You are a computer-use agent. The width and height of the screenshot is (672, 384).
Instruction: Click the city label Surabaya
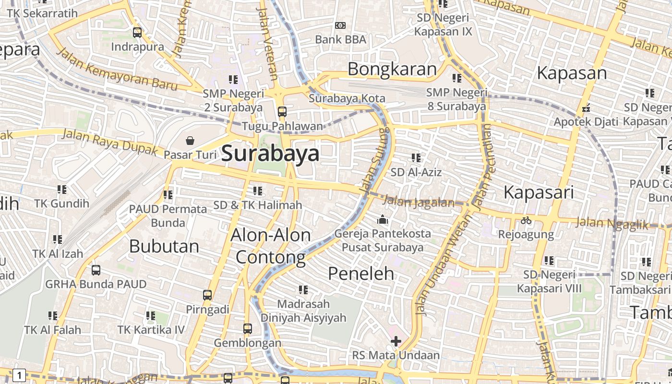click(270, 154)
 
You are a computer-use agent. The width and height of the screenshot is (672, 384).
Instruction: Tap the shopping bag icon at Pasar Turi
click(191, 141)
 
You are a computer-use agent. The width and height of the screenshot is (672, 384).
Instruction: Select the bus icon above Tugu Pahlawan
click(282, 112)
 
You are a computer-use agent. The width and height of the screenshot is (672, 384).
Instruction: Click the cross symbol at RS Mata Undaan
click(396, 341)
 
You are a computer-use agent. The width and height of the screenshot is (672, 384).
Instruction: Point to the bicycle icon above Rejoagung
click(526, 220)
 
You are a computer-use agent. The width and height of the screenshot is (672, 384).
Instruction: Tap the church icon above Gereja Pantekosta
click(383, 219)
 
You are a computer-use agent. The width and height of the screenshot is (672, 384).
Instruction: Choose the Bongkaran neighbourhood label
click(392, 69)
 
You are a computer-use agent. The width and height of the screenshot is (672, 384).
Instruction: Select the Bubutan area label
click(164, 246)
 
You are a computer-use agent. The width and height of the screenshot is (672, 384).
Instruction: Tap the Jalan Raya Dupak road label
click(110, 142)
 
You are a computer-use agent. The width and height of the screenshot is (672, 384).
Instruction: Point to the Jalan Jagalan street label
click(419, 202)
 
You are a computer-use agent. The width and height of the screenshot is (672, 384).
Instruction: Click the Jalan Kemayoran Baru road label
click(117, 70)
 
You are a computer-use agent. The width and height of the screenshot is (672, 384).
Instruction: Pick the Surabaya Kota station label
click(347, 98)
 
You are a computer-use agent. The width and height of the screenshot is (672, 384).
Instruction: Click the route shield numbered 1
click(19, 375)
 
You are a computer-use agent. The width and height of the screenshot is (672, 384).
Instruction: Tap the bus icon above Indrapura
click(137, 33)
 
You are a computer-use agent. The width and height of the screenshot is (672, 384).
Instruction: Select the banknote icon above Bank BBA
click(340, 25)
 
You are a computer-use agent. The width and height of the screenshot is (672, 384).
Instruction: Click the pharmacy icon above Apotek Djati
click(586, 108)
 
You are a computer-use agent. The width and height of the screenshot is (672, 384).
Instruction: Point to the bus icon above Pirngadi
click(207, 295)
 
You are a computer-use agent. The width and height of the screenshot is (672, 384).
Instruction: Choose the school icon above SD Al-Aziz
click(416, 157)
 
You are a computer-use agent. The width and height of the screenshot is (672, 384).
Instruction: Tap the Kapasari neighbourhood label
click(539, 192)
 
